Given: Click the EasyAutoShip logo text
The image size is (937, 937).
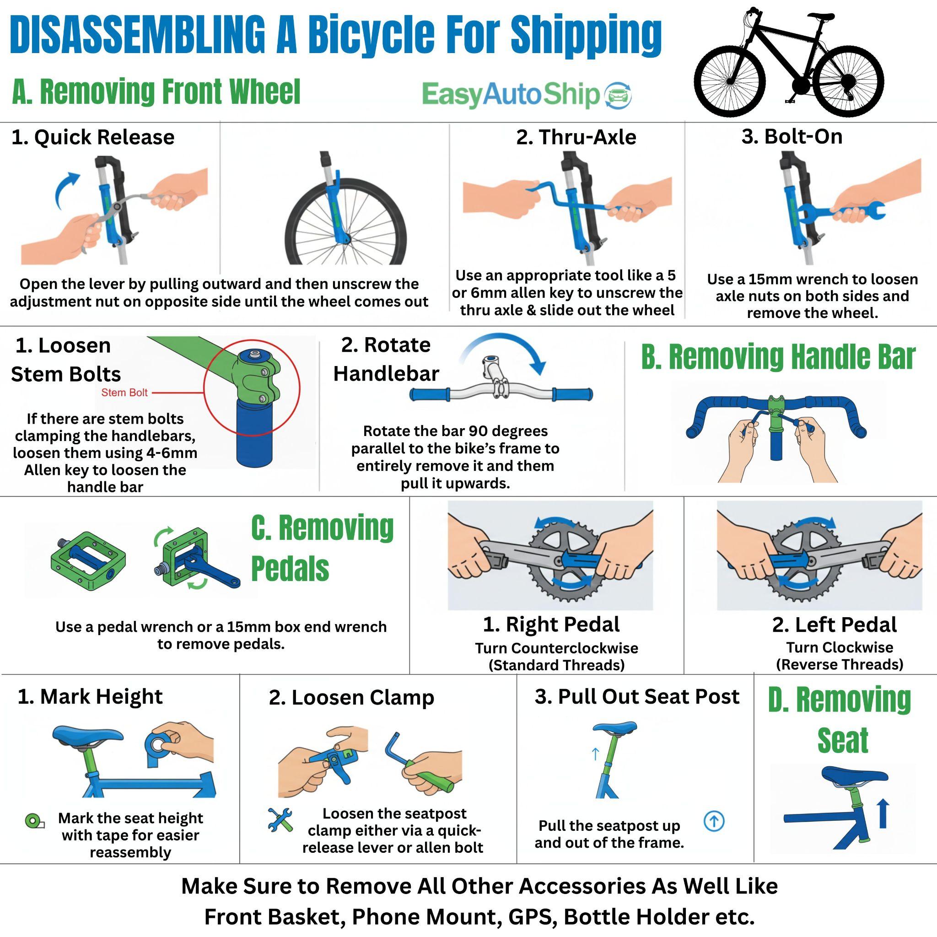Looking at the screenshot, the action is (x=511, y=94).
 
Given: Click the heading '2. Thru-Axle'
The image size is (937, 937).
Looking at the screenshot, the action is (x=576, y=137).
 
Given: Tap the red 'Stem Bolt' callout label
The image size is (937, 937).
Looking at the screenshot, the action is (x=124, y=393).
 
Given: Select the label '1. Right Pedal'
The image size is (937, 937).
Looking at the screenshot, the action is (x=551, y=625).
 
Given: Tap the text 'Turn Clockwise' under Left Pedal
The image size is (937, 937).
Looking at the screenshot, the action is (x=840, y=647).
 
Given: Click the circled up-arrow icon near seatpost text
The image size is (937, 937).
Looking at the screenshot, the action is (x=714, y=822).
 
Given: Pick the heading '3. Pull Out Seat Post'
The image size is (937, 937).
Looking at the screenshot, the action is (x=637, y=697).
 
